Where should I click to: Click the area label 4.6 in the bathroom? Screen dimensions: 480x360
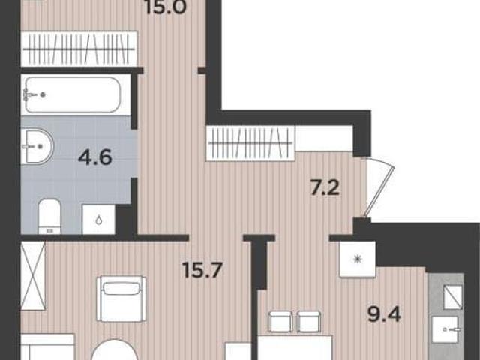coord(95,157)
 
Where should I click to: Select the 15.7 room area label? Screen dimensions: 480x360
coord(202,270)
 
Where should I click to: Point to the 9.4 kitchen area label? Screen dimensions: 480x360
coord(385,313)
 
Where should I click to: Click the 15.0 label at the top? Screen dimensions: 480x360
coord(166,7)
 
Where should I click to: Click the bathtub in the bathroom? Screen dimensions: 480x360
coord(72,94)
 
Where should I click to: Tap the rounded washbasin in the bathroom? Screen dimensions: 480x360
coord(37,146)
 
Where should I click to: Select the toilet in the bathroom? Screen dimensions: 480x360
coord(49,217)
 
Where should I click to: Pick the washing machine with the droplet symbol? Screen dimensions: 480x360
coord(98,220)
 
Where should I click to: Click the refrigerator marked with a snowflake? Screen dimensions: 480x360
coord(358,259)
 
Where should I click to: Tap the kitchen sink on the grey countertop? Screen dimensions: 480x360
coord(445,330)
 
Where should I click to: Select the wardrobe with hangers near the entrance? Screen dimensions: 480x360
coord(250,143)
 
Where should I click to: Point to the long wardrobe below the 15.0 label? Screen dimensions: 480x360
coord(79,49)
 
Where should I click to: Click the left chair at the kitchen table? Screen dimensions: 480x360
coord(280,321)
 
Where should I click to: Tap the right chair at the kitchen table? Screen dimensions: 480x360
coord(309,321)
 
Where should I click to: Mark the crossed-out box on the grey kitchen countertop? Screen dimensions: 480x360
coord(453,297)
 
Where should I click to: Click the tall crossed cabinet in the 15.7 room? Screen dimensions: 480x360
coord(33,275)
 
